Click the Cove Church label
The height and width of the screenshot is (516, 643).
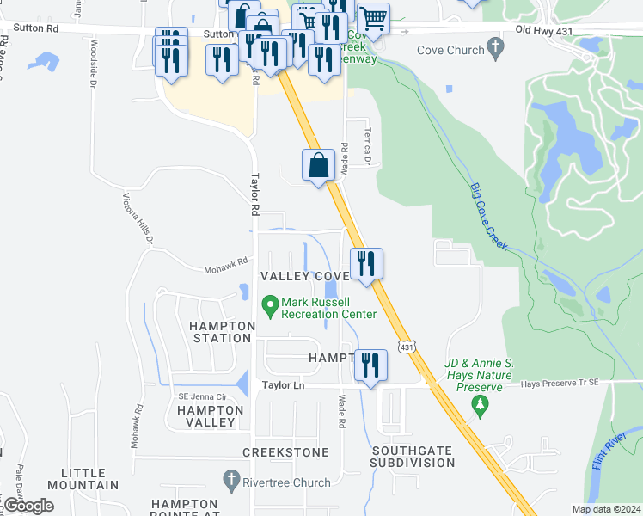pyautogui.click(x=450, y=50)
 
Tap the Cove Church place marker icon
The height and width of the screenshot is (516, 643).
pyautogui.click(x=495, y=48)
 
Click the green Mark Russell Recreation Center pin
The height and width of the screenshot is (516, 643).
pyautogui.click(x=270, y=304)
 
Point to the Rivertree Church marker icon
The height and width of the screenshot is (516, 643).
pyautogui.click(x=231, y=478)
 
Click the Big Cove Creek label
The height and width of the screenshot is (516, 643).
pyautogui.click(x=489, y=217)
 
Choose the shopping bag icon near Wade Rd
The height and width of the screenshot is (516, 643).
pyautogui.click(x=318, y=166)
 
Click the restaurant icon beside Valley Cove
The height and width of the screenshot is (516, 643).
pyautogui.click(x=366, y=265)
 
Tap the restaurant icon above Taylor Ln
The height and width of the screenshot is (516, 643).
pyautogui.click(x=370, y=365)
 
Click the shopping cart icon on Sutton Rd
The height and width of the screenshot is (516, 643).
pyautogui.click(x=373, y=17)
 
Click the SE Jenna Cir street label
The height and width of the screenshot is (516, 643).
pyautogui.click(x=200, y=396)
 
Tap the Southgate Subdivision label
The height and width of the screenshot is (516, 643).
pyautogui.click(x=413, y=456)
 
